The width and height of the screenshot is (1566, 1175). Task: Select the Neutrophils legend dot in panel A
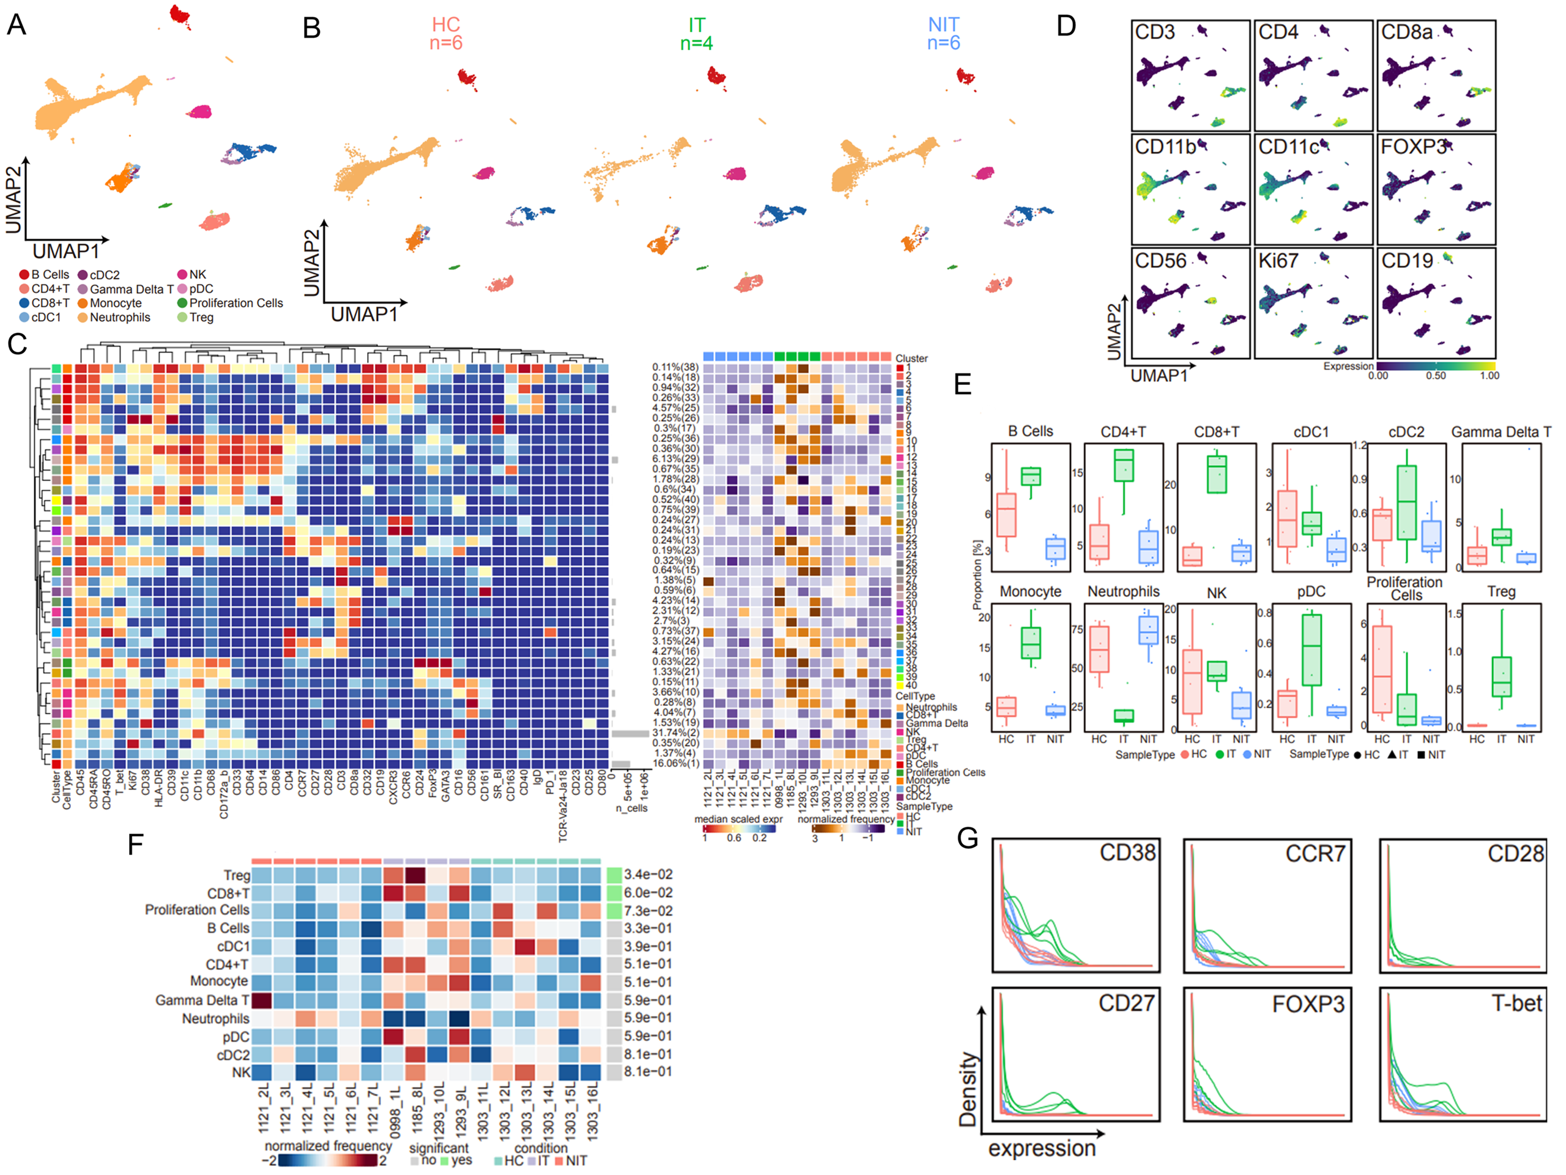pos(83,317)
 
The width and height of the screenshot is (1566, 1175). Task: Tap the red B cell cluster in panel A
pos(180,14)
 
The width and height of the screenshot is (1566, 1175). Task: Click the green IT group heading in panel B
pos(697,26)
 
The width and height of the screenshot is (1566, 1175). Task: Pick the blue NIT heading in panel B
pos(943,26)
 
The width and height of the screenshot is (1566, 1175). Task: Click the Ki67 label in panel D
pos(1278,261)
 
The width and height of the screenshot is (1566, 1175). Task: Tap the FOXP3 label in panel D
pos(1413,147)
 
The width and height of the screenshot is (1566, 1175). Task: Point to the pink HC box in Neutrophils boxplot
pos(1099,649)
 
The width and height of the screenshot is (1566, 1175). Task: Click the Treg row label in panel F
pos(237,875)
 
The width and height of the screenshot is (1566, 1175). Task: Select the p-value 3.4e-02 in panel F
pos(648,875)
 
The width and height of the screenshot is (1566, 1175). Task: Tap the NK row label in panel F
pos(240,1072)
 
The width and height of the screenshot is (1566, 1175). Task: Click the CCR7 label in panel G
pos(1315,854)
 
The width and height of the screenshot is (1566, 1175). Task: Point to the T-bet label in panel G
pos(1516,1003)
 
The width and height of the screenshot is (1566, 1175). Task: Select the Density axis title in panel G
pos(968,1088)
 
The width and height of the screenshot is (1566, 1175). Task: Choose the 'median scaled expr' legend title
pos(738,819)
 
